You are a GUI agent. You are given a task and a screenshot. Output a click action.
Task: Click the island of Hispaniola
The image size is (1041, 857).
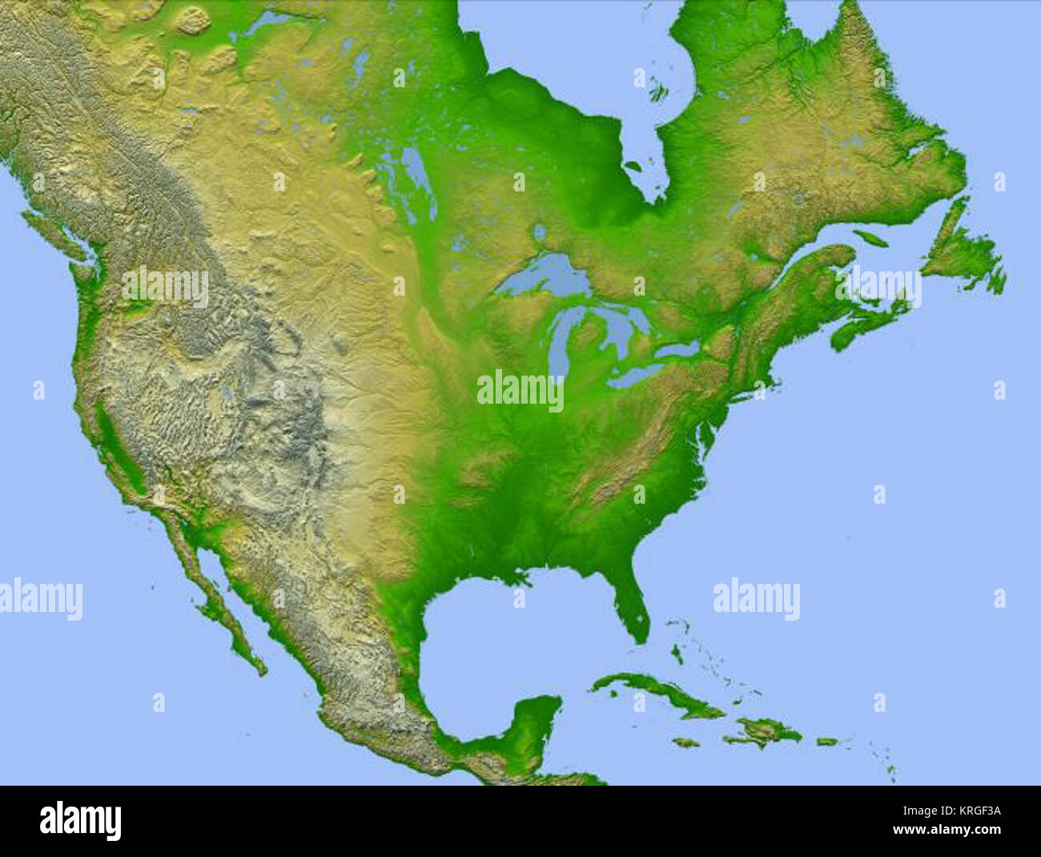click(761, 731)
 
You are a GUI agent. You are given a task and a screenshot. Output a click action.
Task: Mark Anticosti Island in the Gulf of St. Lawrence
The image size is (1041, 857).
click(870, 237)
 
